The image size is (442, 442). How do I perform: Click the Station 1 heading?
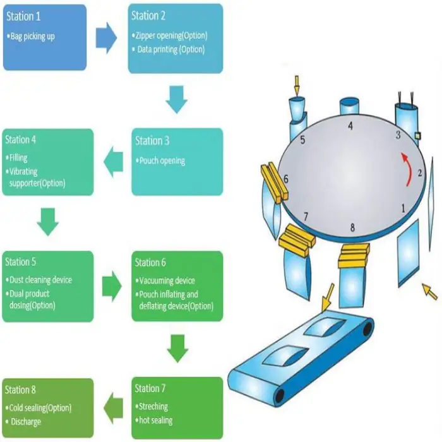click(x=24, y=15)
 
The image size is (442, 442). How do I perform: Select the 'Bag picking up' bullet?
click(x=32, y=37)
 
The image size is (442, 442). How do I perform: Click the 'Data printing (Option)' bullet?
click(x=170, y=49)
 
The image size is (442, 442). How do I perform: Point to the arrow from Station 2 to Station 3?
click(x=177, y=100)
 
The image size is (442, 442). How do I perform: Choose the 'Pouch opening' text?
click(x=163, y=161)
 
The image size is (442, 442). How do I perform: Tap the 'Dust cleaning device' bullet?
click(x=40, y=280)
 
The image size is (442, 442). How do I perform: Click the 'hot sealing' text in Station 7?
click(x=155, y=420)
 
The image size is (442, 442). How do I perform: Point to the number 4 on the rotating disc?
click(x=350, y=126)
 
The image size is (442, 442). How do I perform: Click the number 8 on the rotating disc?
click(x=352, y=227)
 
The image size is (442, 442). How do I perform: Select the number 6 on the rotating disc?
click(x=286, y=180)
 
